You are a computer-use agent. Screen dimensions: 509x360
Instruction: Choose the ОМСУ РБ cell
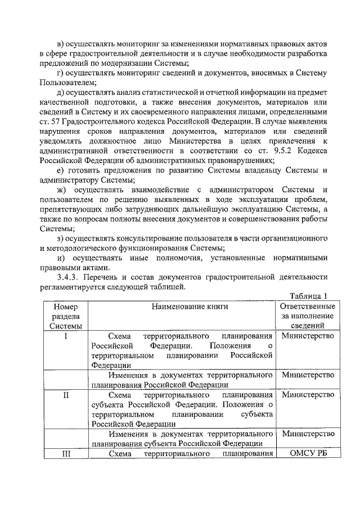pos(307,454)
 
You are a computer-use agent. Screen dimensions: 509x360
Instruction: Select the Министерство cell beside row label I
pos(308,336)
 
